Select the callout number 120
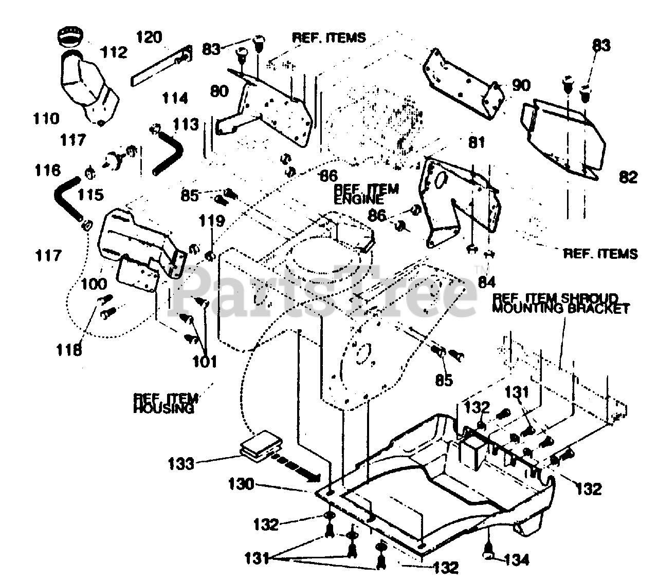pyautogui.click(x=149, y=37)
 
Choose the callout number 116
pyautogui.click(x=48, y=170)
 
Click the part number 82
pyautogui.click(x=628, y=177)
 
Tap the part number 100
pyautogui.click(x=94, y=283)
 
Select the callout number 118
pyautogui.click(x=69, y=350)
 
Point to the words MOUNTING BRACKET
pyautogui.click(x=560, y=309)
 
